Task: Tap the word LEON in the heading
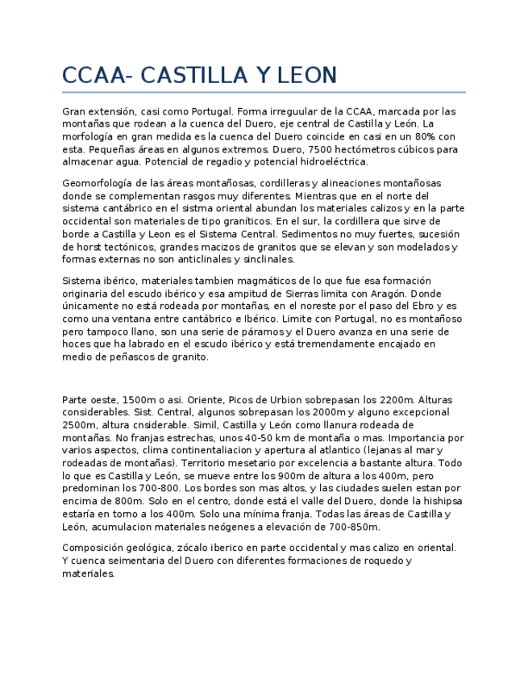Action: pyautogui.click(x=307, y=76)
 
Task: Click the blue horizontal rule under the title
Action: pyautogui.click(x=264, y=92)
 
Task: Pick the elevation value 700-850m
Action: pyautogui.click(x=351, y=527)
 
